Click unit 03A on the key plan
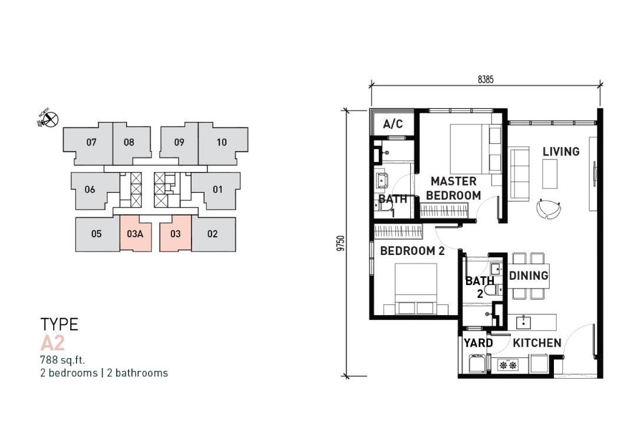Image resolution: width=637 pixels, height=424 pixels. (136, 234)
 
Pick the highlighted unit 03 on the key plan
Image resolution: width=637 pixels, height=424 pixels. (175, 234)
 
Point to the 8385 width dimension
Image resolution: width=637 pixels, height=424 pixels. (486, 79)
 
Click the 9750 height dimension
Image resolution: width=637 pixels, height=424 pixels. (341, 243)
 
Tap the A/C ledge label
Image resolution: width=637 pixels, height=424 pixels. (393, 124)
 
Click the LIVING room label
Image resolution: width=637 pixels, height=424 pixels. (561, 151)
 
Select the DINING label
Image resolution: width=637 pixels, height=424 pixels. (529, 276)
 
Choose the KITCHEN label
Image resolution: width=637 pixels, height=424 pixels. (537, 343)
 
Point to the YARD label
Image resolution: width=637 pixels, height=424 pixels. (478, 343)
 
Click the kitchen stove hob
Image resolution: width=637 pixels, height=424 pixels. (508, 365)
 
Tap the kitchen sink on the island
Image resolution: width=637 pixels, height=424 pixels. (524, 323)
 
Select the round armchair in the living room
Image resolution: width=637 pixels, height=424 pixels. (549, 208)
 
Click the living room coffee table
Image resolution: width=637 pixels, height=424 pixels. (550, 174)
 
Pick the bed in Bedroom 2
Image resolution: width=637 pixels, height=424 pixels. (416, 289)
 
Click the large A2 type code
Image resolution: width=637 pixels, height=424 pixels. (52, 343)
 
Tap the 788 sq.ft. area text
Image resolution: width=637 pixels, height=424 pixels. (62, 360)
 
